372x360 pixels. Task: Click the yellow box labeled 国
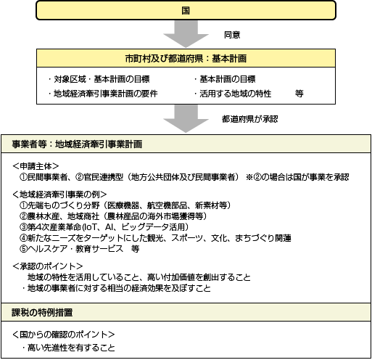(186, 10)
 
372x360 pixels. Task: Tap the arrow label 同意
(232, 35)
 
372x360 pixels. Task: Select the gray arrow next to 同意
(186, 34)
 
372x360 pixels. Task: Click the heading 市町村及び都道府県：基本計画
(186, 58)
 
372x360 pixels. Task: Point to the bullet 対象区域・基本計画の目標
(99, 79)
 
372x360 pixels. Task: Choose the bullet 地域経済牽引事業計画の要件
(103, 94)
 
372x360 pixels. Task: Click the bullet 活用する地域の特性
(233, 94)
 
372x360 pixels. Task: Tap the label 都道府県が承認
(250, 119)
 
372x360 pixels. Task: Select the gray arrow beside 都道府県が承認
(186, 118)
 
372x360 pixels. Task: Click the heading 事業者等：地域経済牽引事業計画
(77, 144)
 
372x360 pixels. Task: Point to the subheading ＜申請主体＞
(36, 166)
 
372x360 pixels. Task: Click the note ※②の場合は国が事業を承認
(297, 177)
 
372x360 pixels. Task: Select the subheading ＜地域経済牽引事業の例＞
(59, 195)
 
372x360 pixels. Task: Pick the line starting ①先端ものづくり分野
(125, 205)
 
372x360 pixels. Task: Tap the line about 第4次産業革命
(104, 227)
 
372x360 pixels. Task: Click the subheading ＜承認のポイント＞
(48, 266)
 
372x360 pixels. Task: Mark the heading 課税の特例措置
(42, 312)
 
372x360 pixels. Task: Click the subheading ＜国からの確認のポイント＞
(64, 335)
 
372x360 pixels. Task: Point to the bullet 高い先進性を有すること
(69, 348)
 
